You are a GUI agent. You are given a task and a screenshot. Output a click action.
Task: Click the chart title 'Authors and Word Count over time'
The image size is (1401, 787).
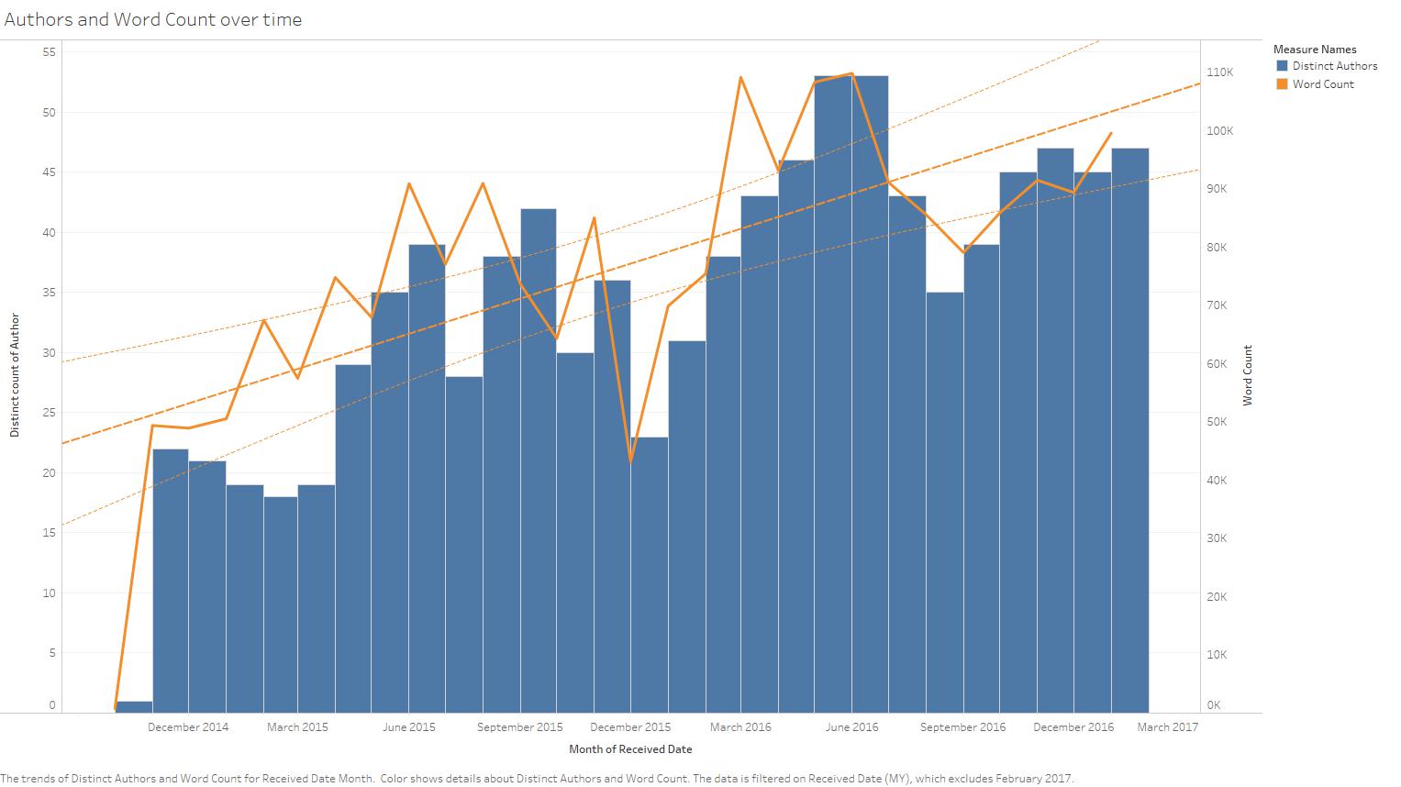point(153,19)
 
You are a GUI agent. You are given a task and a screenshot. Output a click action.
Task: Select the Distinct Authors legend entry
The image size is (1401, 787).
point(1334,66)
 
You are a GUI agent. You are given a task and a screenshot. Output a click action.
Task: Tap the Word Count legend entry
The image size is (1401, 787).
point(1322,84)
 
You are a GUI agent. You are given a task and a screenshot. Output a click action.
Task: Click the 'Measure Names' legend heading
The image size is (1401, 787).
point(1314,50)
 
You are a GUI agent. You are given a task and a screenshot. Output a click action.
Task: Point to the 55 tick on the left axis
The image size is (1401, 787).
point(49,52)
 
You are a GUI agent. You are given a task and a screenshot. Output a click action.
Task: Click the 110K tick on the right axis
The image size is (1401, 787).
point(1220,72)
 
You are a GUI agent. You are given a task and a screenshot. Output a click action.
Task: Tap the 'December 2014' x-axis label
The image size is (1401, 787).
point(188,727)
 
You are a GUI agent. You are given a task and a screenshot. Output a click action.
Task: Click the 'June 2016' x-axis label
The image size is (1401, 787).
point(851,727)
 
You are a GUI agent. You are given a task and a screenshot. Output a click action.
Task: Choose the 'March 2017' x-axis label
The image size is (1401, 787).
point(1167,727)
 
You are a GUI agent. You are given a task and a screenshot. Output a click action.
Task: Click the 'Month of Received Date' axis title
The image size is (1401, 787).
point(630,749)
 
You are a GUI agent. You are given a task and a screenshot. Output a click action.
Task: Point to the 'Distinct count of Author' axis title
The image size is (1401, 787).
point(15,375)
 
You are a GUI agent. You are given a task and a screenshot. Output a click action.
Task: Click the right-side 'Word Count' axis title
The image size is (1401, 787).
point(1248,375)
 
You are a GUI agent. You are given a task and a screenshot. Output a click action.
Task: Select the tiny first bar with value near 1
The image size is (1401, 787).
point(134,706)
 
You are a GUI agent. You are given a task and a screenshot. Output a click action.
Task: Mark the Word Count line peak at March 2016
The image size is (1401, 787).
point(740,77)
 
